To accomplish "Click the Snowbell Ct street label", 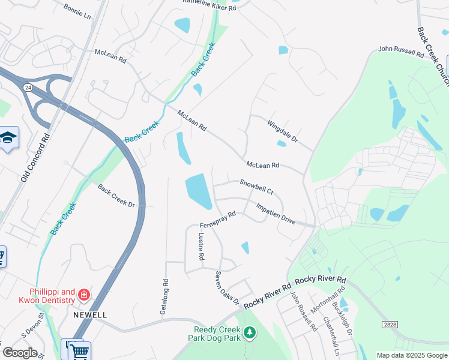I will [256, 187].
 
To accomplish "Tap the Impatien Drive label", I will [276, 213].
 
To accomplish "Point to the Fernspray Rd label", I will [218, 219].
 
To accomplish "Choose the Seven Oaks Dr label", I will [227, 288].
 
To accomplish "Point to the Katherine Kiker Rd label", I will [209, 8].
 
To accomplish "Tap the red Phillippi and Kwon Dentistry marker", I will [83, 295].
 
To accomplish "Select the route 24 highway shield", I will [28, 88].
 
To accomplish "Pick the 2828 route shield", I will [389, 325].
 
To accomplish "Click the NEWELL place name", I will [90, 314].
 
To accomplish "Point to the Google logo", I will [20, 353].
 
